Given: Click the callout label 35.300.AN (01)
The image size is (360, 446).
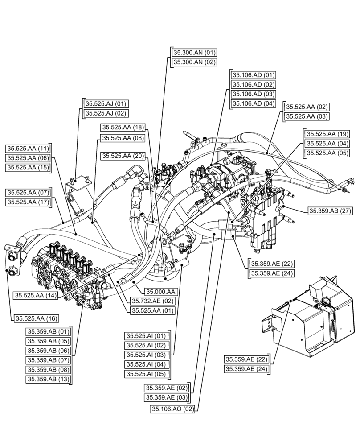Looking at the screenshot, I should coord(194,53).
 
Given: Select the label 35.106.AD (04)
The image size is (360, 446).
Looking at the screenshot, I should coord(253,104).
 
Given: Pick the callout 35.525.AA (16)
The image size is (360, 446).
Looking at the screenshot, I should coord(36,318).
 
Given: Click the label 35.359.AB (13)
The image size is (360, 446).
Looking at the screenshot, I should coord(49,380).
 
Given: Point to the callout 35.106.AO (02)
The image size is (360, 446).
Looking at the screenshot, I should coord(173,409).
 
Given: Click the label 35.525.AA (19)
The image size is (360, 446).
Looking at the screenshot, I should coord(327,134).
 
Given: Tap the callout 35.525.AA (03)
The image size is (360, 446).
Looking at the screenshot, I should coord(307,116).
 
